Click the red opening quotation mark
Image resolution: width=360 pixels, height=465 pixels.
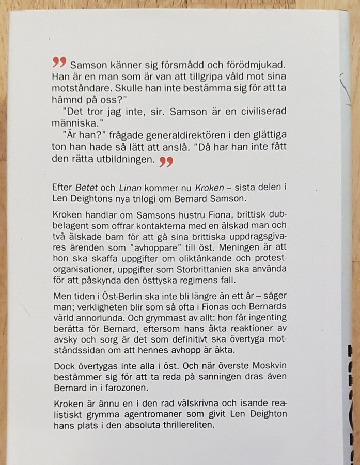[x=59, y=64]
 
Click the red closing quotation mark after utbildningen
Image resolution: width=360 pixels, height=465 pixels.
[x=166, y=162]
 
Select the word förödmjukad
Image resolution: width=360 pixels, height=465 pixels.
[x=231, y=66]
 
